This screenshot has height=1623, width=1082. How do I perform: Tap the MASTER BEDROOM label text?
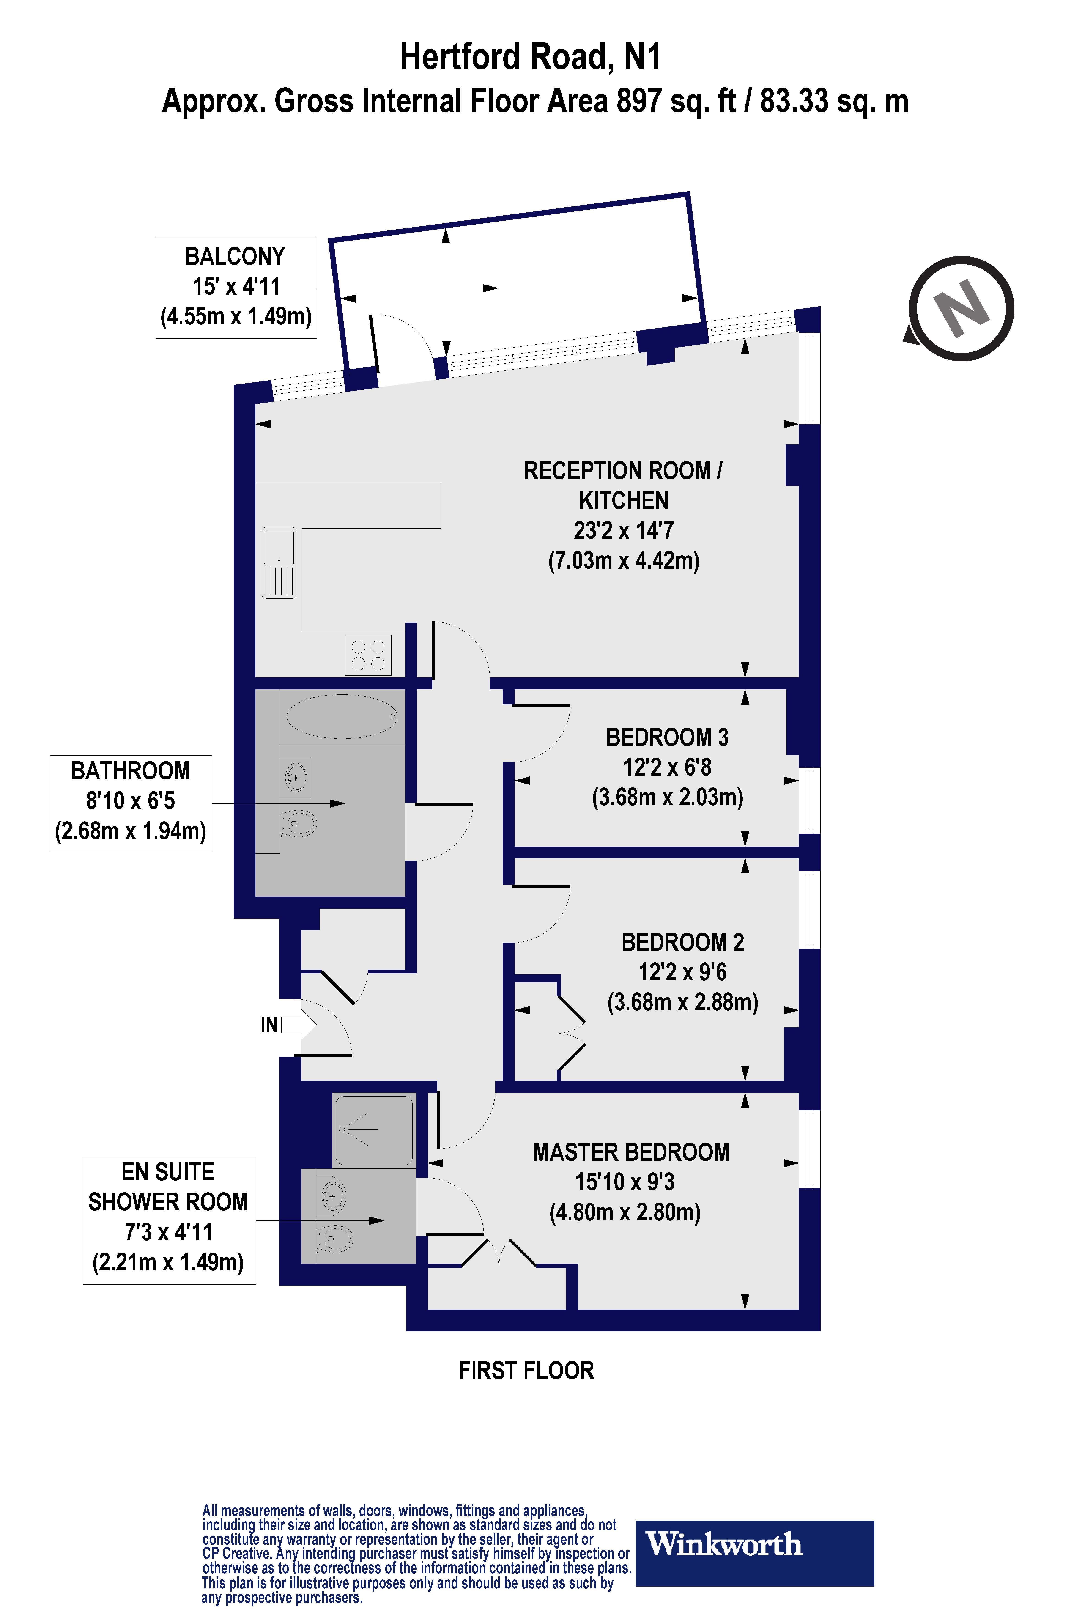631,1152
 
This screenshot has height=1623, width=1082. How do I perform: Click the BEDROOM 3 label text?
667,737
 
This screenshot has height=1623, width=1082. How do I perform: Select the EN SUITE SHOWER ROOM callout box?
169,1220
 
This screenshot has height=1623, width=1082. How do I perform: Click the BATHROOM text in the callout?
130,771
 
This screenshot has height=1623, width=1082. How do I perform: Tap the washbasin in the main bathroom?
296,777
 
